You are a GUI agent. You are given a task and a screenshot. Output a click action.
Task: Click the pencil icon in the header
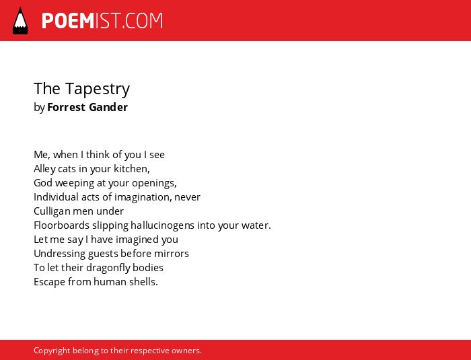20,21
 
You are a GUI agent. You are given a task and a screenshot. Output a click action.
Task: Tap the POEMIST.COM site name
102,21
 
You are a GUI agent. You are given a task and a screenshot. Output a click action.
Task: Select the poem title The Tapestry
81,89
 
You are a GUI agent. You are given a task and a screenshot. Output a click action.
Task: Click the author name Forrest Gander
87,107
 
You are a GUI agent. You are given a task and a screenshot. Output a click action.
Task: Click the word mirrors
171,254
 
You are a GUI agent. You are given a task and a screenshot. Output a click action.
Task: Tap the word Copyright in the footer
52,351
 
